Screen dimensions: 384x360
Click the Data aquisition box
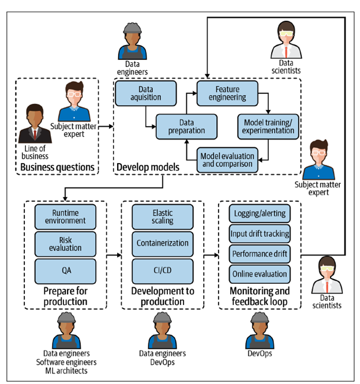[x=138, y=93]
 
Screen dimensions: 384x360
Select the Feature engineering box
[x=231, y=93]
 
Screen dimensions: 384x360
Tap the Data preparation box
[x=186, y=126]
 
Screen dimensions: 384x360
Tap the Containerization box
[x=163, y=243]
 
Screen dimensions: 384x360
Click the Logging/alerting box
[x=260, y=213]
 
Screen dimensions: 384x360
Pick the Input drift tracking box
[x=260, y=234]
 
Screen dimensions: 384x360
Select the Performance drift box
[x=260, y=253]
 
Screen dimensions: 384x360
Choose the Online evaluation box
[x=260, y=273]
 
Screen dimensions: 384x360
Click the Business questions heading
[x=57, y=168]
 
